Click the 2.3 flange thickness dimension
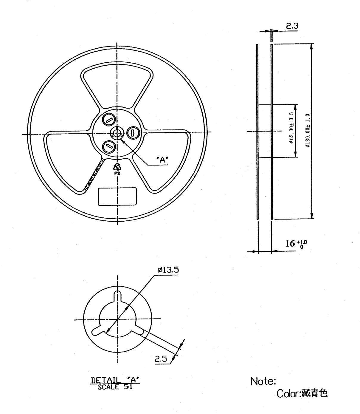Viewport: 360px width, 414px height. coord(292,26)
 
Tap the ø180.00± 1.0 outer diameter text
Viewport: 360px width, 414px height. coord(308,130)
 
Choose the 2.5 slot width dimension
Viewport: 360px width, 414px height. coord(161,359)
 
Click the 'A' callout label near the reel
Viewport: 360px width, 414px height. coord(162,160)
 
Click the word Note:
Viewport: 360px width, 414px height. coord(263,381)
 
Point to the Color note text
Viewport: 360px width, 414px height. coord(302,393)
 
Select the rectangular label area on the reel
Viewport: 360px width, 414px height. coord(117,197)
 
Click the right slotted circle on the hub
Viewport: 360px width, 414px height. coord(132,132)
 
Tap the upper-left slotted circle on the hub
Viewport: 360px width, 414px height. coord(108,120)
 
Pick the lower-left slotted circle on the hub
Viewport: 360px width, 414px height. coord(108,146)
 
